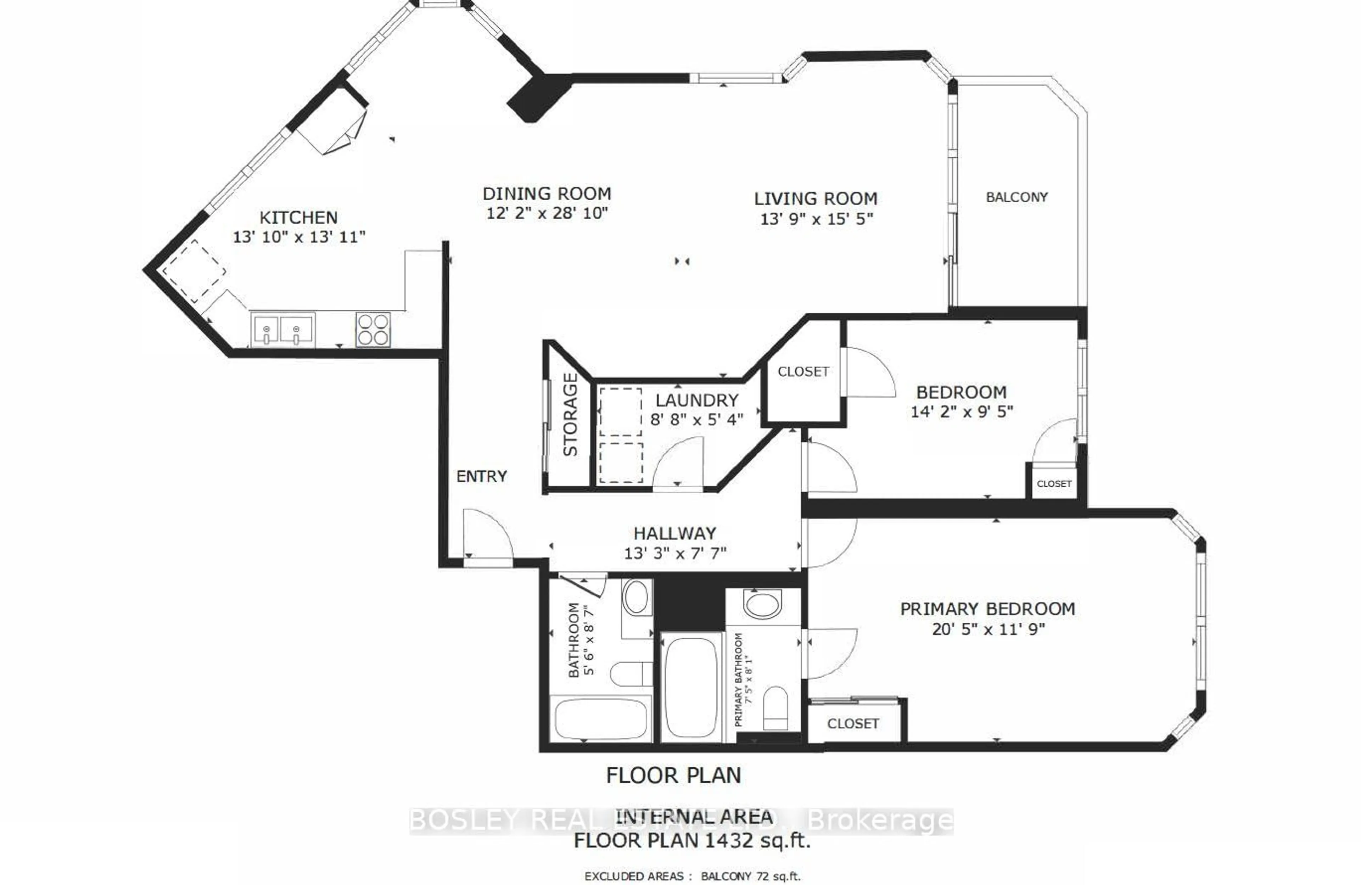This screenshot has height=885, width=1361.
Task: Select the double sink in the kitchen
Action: coord(282,330)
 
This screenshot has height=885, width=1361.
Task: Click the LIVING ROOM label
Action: coord(816,199)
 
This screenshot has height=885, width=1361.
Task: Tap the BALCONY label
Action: coord(1017,197)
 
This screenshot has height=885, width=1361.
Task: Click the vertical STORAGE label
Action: coord(571,414)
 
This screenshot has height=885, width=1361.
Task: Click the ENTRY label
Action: coord(482,476)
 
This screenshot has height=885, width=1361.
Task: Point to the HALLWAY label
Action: coord(675,533)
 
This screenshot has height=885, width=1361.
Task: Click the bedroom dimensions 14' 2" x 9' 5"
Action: coord(962,411)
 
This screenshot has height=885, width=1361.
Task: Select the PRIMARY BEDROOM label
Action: coord(987,609)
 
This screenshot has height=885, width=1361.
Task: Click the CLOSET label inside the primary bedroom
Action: coord(853,724)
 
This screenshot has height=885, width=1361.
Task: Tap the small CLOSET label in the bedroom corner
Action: coord(1054,484)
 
